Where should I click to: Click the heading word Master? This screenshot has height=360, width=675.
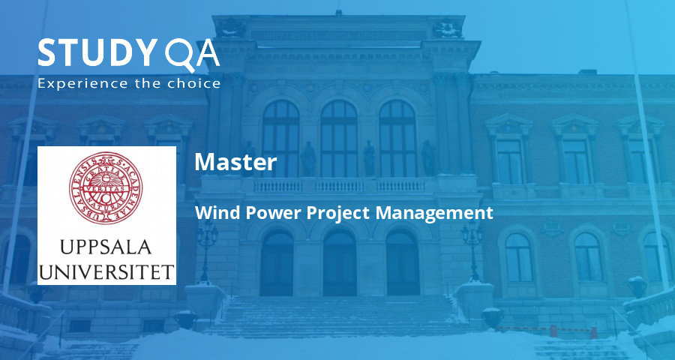(235, 162)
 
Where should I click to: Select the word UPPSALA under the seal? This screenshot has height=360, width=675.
(106, 247)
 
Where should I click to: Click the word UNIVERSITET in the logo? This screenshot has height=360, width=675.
(106, 269)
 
